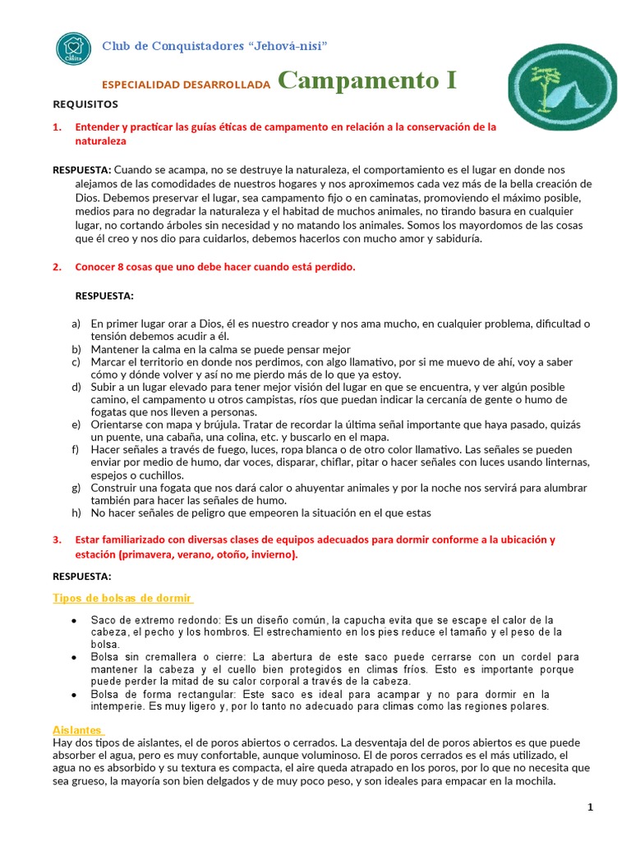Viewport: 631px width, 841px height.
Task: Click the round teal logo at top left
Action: point(72,48)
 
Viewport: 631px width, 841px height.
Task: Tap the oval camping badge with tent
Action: point(562,88)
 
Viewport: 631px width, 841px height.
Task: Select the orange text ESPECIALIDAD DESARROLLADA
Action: point(185,85)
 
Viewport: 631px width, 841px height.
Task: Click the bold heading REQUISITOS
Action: point(85,104)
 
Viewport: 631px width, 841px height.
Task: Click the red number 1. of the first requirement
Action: point(57,127)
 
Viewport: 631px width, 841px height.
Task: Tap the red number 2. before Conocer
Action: point(57,268)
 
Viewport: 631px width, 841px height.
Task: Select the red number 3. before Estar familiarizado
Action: point(57,540)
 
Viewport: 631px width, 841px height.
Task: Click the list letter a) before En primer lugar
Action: point(76,324)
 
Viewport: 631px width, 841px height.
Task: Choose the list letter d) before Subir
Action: point(76,387)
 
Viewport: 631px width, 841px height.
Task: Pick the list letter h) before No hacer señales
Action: point(76,512)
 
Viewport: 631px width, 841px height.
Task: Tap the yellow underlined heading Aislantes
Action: point(77,706)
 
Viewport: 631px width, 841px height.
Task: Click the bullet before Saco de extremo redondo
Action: point(75,620)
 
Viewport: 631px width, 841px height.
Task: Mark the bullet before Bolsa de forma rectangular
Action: point(75,695)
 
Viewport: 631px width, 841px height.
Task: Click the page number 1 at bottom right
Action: point(590,808)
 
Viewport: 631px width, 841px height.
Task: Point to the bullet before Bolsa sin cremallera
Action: point(75,657)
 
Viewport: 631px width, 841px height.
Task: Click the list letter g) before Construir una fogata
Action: point(76,488)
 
